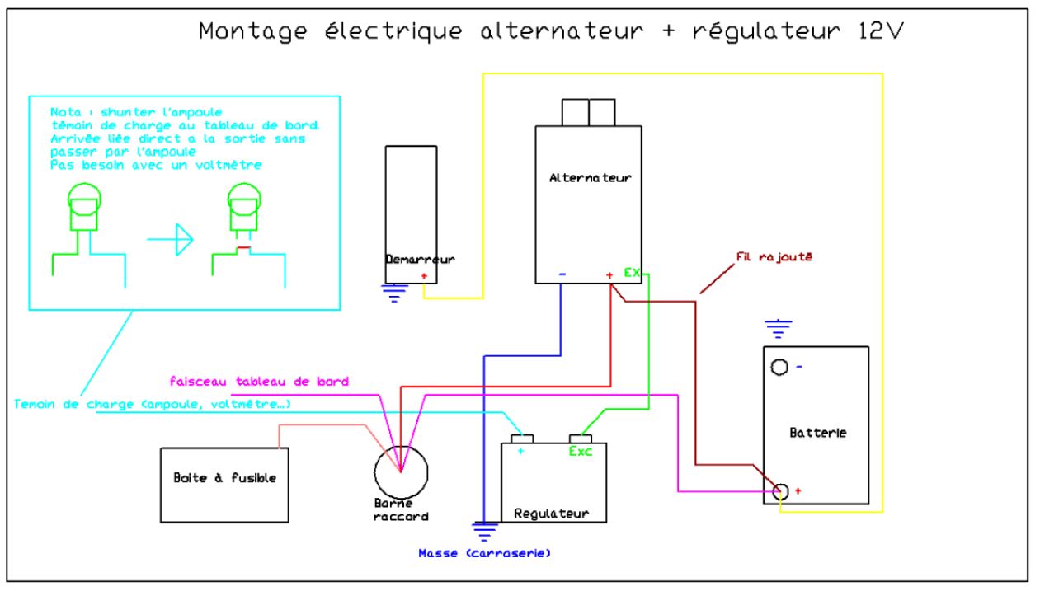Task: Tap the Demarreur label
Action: point(420,260)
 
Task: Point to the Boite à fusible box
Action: point(224,479)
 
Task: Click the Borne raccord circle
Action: point(401,471)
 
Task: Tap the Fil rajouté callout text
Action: point(774,256)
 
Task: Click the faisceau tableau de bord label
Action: point(258,382)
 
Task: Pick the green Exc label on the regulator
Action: point(581,452)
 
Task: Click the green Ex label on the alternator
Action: point(632,272)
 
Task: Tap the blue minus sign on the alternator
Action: point(561,274)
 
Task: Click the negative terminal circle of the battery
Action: point(778,367)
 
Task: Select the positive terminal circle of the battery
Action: point(781,491)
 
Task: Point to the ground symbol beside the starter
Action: point(394,293)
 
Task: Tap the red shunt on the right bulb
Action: point(243,248)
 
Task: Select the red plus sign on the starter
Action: point(424,276)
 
